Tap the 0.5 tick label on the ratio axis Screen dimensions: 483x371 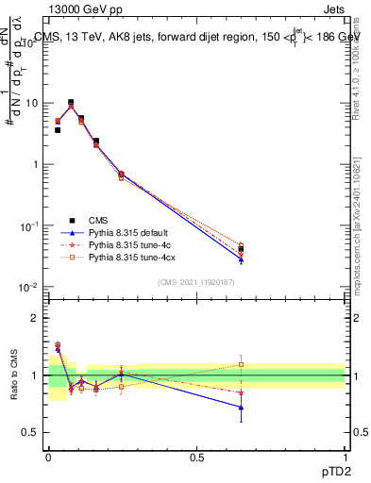tap(33, 433)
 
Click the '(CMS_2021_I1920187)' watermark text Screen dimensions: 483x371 tap(196, 281)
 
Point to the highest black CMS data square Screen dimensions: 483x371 tap(71, 102)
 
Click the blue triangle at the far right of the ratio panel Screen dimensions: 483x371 tap(241, 408)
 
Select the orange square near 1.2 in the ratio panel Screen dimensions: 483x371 tap(241, 364)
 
